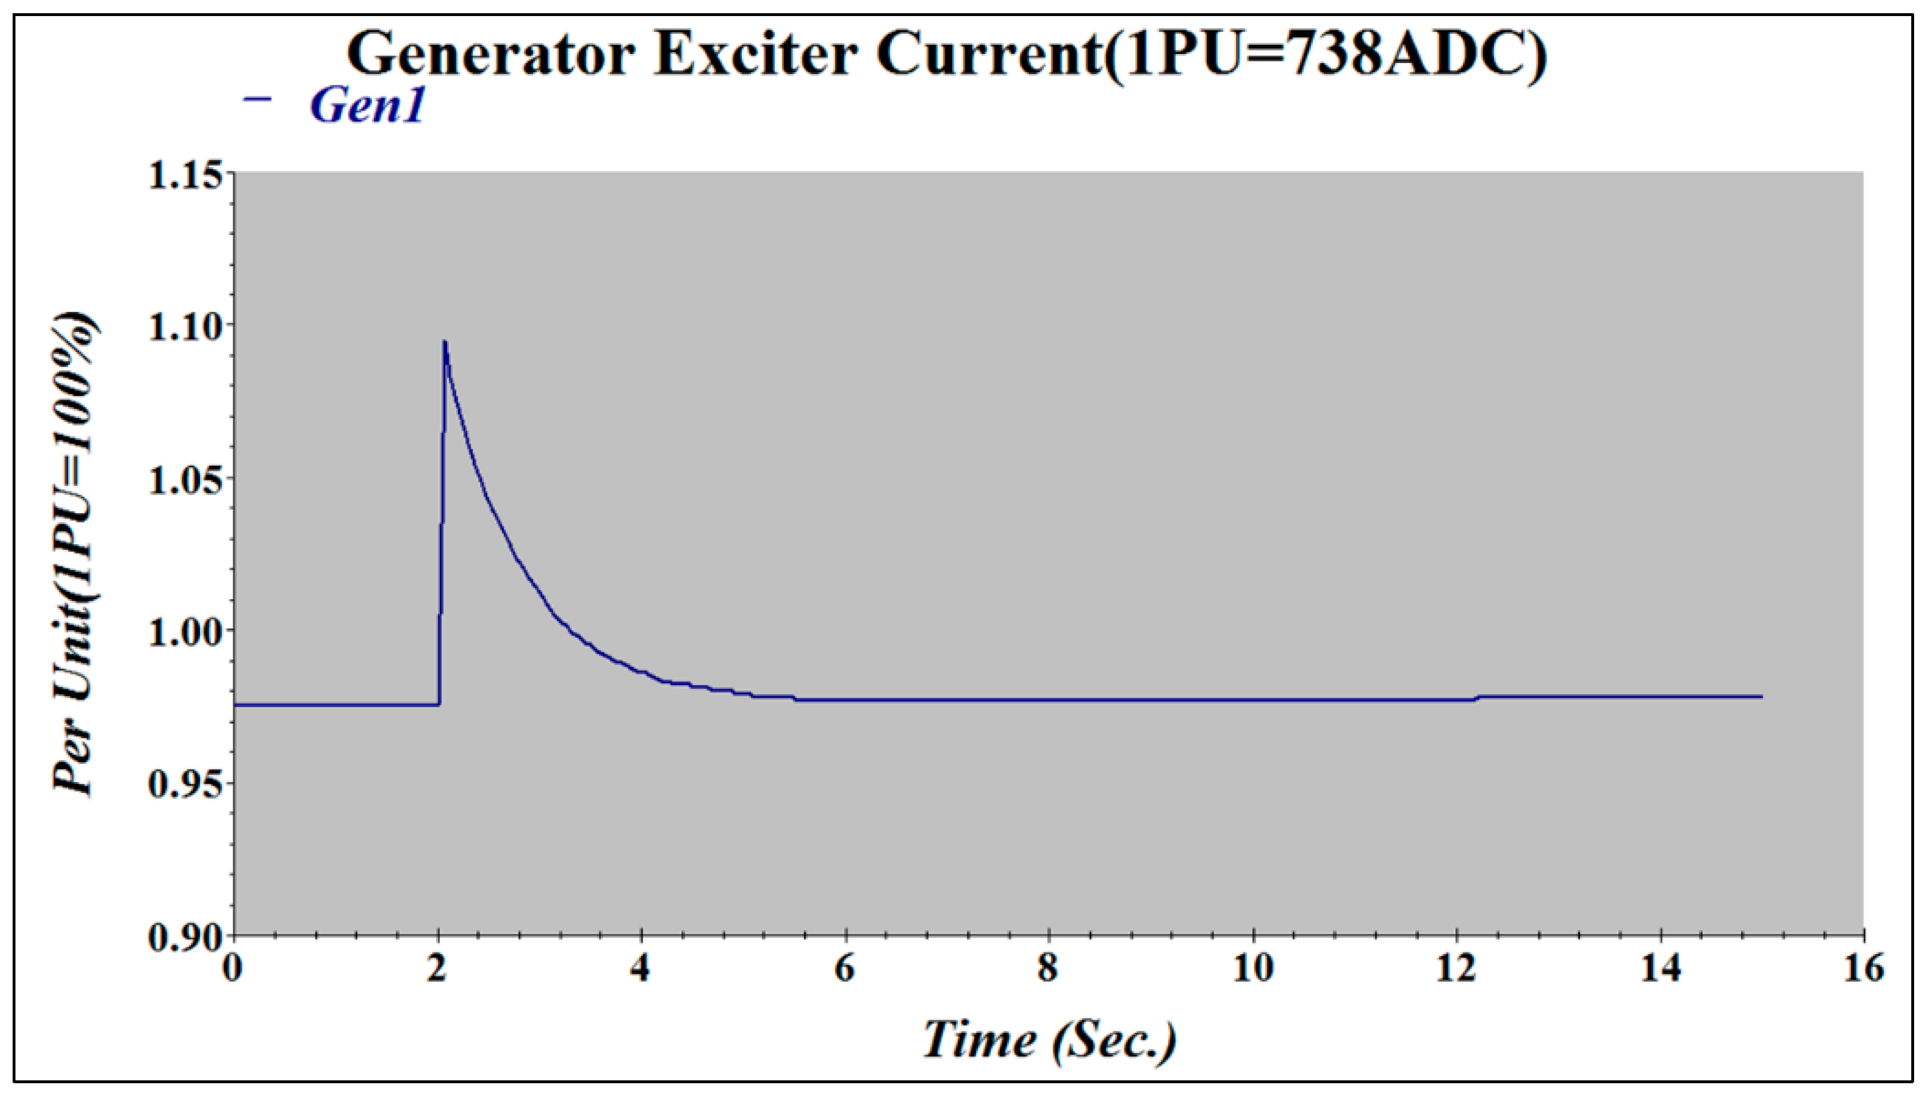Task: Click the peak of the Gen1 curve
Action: [445, 342]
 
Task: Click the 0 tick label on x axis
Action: [233, 969]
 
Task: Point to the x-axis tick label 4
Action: [640, 969]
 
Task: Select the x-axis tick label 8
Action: [1048, 969]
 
